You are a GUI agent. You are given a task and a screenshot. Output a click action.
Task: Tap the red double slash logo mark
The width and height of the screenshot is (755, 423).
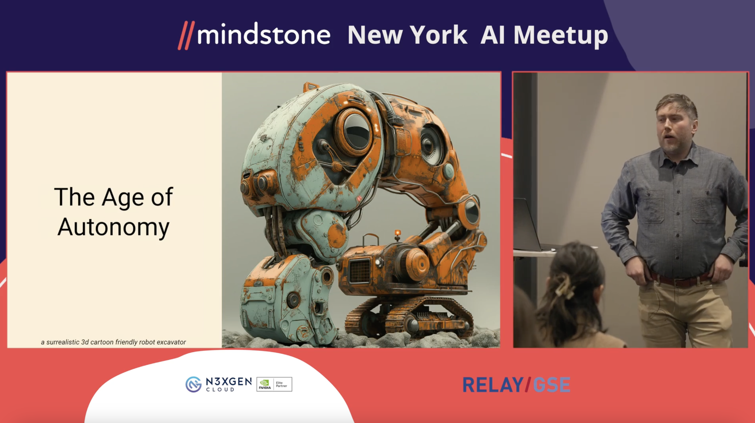point(186,35)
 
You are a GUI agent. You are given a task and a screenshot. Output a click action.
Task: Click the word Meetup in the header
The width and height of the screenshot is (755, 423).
point(561,36)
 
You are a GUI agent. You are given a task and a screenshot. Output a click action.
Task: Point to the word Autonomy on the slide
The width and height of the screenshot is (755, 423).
point(113,227)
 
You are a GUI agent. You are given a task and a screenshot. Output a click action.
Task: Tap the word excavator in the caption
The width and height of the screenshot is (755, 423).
point(171,342)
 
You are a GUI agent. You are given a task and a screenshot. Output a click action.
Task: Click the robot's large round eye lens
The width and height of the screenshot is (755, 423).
point(356,132)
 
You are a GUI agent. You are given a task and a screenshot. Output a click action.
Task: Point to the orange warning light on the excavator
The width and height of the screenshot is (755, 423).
point(397,233)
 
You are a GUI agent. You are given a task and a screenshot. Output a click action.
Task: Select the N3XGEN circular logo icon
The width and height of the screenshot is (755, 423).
point(193,384)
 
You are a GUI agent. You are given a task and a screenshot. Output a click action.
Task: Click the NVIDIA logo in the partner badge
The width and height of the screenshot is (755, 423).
point(265,384)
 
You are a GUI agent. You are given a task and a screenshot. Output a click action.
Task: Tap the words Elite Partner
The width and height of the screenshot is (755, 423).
point(281,384)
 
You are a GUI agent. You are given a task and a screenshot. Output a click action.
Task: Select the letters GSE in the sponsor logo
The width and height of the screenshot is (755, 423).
point(552,385)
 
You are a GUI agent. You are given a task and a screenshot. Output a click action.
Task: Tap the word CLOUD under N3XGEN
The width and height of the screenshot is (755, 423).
point(220,390)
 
